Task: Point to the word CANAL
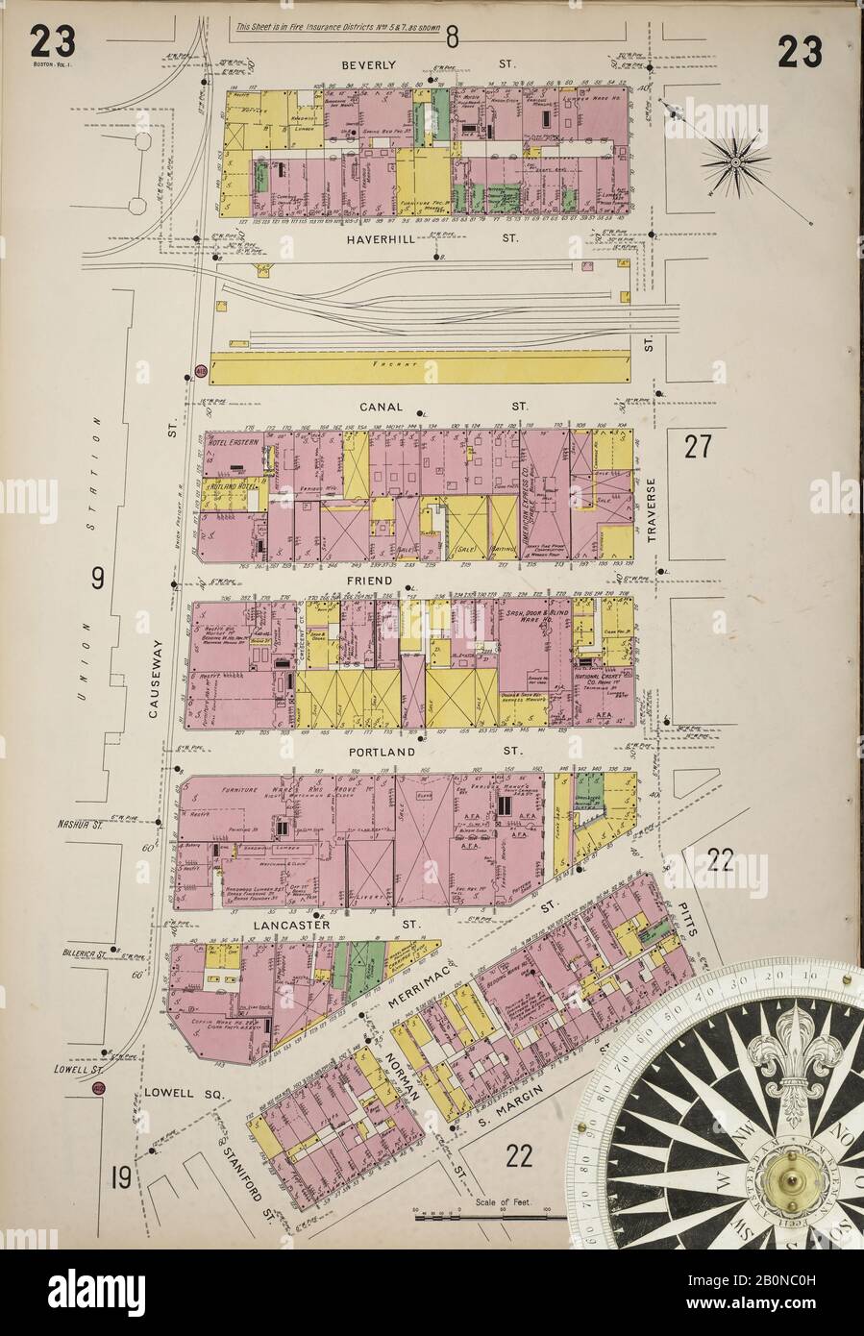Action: [x=379, y=408]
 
